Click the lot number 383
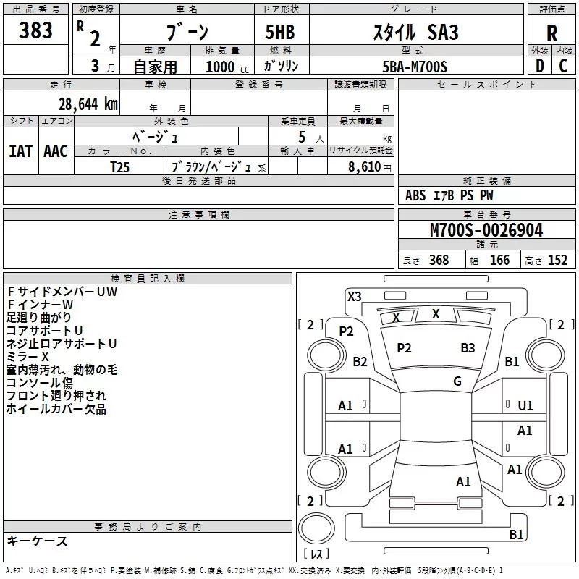[35, 30]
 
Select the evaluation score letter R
[551, 33]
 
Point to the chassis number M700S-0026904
[486, 230]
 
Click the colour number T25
[121, 166]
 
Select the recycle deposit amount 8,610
[359, 166]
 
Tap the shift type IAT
[21, 151]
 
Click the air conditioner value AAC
[56, 151]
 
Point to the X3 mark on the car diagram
[355, 296]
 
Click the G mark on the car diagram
[457, 381]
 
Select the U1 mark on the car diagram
[525, 406]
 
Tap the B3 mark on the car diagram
[468, 348]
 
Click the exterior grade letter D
[539, 66]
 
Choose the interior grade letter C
[564, 66]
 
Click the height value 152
[557, 261]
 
